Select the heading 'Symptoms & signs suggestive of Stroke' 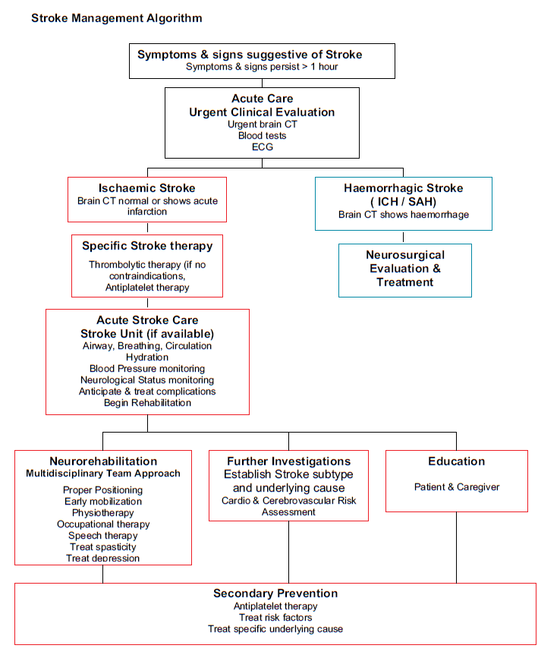pos(250,55)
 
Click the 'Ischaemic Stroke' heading pos(146,188)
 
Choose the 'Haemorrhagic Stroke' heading pos(403,188)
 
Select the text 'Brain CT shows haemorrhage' pos(403,214)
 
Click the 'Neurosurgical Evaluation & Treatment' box pos(404,269)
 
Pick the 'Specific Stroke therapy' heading pos(147,246)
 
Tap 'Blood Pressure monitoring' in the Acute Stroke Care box pos(147,368)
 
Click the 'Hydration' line pos(147,357)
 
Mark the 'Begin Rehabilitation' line pos(147,402)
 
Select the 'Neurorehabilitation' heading pos(103,461)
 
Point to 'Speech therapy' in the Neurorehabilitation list pos(103,535)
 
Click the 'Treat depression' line pos(103,558)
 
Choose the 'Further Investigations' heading pos(288,461)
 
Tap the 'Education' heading pos(456,461)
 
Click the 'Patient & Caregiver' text pos(456,486)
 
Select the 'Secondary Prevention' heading pos(275,593)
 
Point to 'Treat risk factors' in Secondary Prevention pos(275,617)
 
